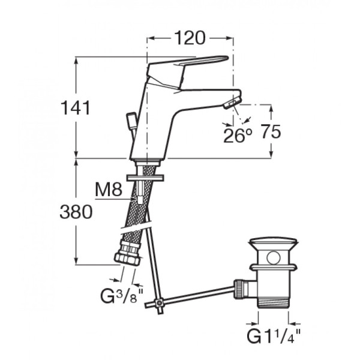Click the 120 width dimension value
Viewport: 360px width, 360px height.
coord(190,38)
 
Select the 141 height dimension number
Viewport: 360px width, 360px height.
coord(76,108)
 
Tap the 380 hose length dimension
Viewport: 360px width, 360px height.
coord(76,212)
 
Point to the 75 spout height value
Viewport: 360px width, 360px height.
coord(271,131)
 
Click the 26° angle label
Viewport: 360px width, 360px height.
coord(238,136)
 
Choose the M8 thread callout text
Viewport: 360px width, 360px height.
coord(109,190)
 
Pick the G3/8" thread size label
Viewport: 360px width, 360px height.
coord(122,296)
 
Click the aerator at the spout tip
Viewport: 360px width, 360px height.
coord(233,102)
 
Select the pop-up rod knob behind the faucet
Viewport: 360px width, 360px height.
coord(131,121)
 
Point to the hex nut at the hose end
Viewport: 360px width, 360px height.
coord(127,259)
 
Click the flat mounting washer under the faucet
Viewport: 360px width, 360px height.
coord(145,178)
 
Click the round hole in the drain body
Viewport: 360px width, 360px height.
coord(273,257)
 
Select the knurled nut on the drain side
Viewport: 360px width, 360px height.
coord(239,289)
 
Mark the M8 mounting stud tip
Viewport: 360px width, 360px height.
coord(140,200)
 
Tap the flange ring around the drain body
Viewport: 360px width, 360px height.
coord(273,267)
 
